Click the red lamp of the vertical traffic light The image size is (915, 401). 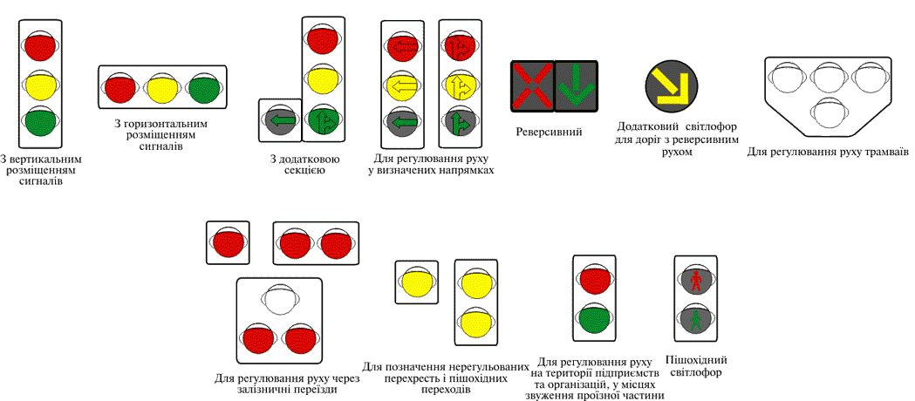point(40,44)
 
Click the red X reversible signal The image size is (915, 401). point(532,86)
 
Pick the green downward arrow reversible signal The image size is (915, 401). point(576,86)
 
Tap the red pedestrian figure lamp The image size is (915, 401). point(696,281)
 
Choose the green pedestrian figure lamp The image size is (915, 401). point(696,320)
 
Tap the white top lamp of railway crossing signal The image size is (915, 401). point(279,301)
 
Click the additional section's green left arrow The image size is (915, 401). point(280,120)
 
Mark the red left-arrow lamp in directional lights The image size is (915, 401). point(402,45)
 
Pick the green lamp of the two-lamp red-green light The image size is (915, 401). point(594,319)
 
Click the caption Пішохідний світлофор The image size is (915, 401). point(696,366)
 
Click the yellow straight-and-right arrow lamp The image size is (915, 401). point(459,85)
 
